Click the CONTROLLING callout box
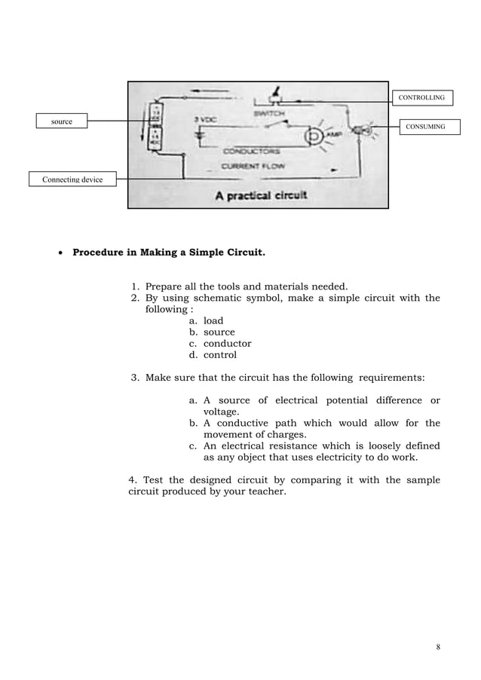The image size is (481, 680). pyautogui.click(x=421, y=97)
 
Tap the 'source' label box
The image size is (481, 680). pyautogui.click(x=62, y=121)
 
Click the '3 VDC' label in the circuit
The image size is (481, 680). pyautogui.click(x=206, y=121)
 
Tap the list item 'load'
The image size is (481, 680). pyautogui.click(x=213, y=320)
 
